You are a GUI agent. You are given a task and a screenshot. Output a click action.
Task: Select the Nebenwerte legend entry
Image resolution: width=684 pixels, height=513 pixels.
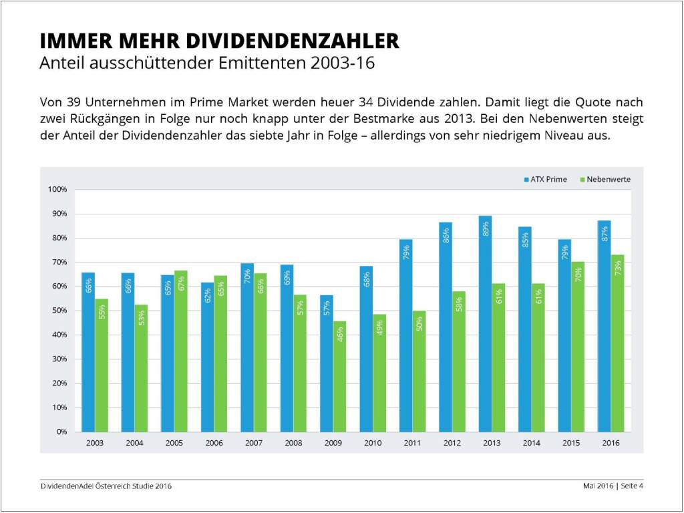(605, 179)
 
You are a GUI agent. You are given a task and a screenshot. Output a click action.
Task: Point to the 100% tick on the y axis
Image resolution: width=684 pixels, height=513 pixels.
(57, 190)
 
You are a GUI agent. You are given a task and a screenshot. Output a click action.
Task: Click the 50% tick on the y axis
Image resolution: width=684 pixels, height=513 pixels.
(59, 311)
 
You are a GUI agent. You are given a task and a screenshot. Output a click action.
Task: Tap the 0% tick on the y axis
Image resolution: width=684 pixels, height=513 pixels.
(61, 432)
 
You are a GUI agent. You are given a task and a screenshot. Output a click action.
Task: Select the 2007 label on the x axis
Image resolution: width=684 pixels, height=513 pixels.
(253, 444)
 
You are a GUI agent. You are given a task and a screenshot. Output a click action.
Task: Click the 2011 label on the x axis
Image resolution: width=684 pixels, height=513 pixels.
(412, 444)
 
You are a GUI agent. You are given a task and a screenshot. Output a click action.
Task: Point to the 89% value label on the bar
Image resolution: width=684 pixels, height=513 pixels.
(486, 228)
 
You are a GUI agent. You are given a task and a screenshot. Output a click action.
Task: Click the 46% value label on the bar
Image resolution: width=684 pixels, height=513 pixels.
(340, 333)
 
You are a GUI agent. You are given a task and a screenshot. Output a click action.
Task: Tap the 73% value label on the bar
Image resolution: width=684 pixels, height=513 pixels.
(618, 268)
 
